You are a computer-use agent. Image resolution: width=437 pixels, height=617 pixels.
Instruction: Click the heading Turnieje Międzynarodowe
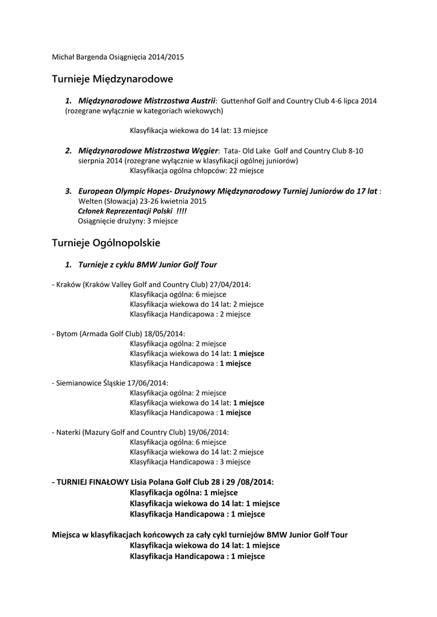[113, 79]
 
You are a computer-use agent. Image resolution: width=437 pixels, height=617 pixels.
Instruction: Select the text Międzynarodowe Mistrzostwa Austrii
[147, 101]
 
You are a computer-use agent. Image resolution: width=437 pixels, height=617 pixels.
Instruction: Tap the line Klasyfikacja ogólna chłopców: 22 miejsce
[196, 171]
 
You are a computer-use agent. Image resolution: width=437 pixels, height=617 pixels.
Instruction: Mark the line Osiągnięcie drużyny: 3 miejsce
[128, 221]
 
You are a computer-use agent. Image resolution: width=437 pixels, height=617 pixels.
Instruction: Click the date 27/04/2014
[230, 284]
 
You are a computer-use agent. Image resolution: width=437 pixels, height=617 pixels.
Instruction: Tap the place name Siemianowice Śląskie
[90, 383]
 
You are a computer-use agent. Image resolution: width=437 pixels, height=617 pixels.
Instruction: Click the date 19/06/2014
[208, 433]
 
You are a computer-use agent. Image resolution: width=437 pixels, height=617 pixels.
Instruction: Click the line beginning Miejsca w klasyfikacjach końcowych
[200, 534]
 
